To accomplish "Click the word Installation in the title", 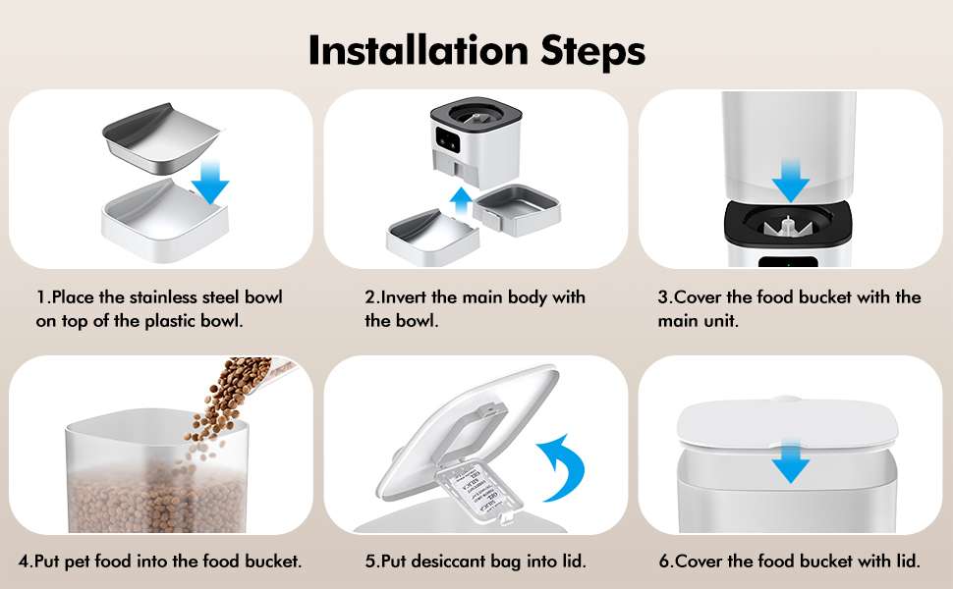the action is click(419, 50).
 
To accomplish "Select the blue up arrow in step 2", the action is click(462, 201).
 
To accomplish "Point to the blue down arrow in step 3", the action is click(790, 181).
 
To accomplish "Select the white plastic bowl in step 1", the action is click(164, 221).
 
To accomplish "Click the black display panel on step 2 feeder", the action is click(448, 139).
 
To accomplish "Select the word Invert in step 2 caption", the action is click(404, 296).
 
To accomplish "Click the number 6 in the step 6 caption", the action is click(664, 562).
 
